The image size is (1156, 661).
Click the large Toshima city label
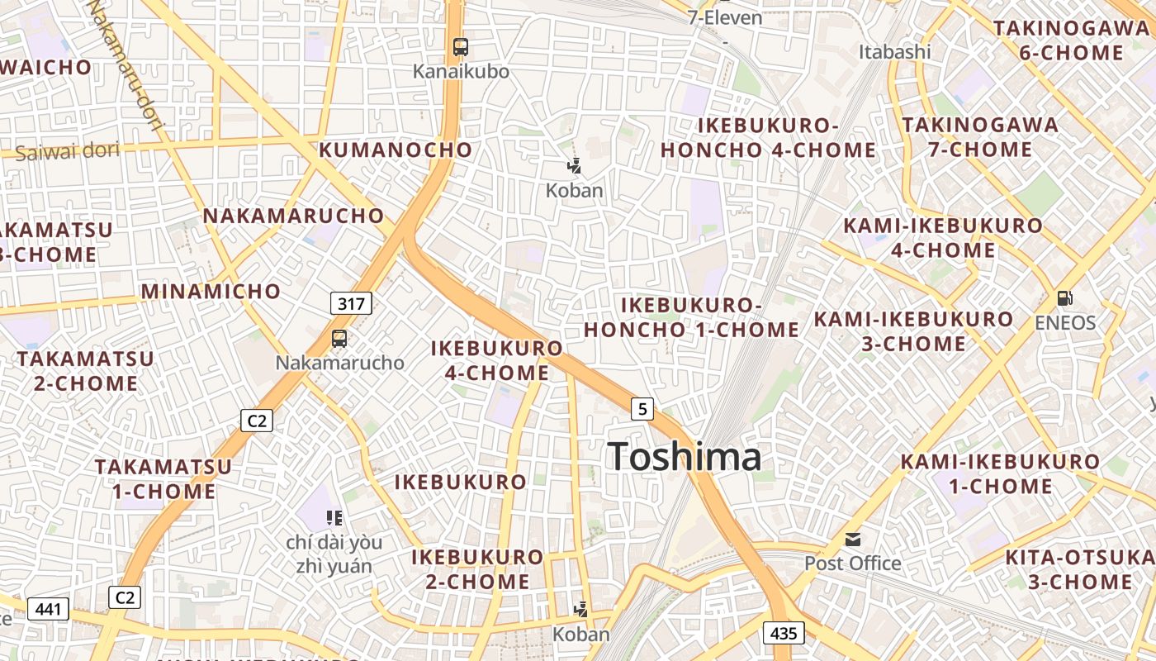685,457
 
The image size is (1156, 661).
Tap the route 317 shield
351,303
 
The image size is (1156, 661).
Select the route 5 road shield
642,407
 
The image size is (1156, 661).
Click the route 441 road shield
48,610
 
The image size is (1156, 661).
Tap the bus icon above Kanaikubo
461,47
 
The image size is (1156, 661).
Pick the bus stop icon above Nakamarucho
339,338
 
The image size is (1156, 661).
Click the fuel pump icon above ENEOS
1065,298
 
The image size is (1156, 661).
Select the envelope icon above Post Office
853,540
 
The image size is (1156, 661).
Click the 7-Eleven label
724,17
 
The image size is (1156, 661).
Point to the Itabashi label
894,52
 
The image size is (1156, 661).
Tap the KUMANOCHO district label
396,150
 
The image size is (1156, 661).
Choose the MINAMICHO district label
211,291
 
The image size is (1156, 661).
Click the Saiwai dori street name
68,151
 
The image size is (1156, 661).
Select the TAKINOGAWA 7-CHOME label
968,137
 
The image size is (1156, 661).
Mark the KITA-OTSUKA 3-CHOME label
1079,569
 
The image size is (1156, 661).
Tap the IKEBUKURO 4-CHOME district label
497,360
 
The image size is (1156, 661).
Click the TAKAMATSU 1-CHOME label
163,479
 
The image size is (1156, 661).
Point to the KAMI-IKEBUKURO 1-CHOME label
1000,473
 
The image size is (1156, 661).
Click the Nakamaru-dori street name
126,62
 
